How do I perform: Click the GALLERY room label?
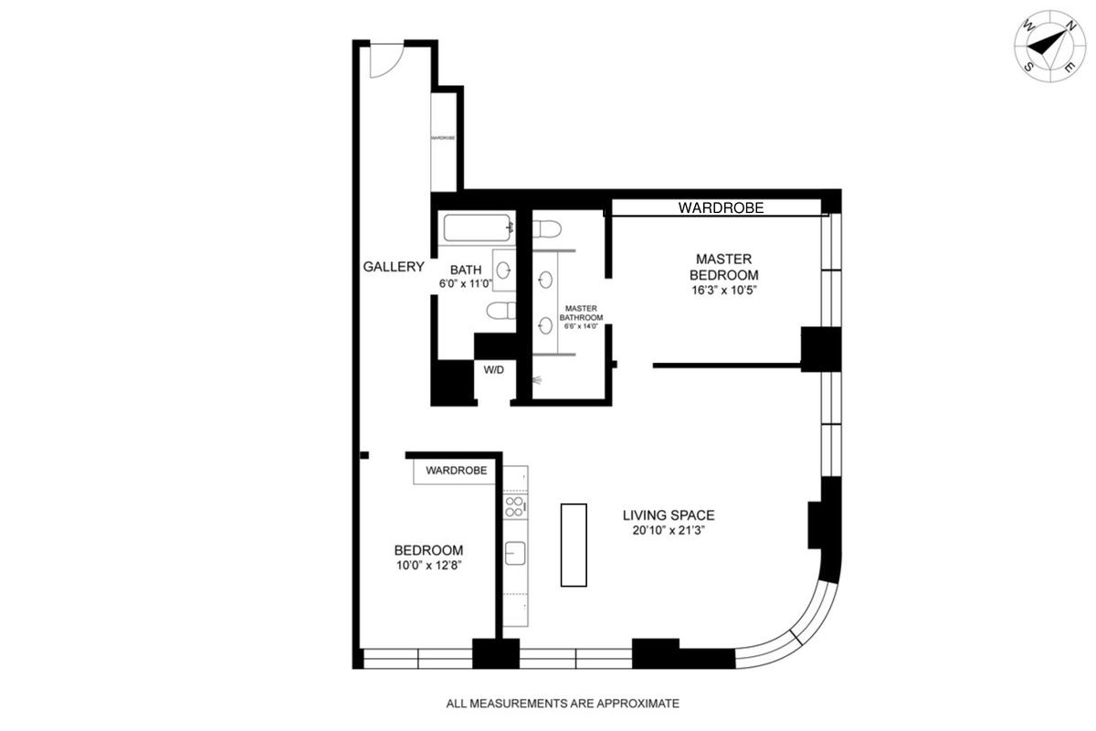tap(394, 267)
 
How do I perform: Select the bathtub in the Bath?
tap(477, 228)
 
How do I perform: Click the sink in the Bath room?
tap(503, 270)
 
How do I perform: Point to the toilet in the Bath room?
tap(501, 311)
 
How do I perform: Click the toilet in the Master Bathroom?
tap(546, 228)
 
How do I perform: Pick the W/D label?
tap(494, 370)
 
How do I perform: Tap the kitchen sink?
tap(515, 553)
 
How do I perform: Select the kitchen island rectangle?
tap(574, 545)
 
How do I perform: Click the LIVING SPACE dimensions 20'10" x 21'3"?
tap(669, 530)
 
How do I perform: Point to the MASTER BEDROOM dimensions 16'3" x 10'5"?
tap(724, 291)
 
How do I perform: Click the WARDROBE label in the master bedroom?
tap(721, 208)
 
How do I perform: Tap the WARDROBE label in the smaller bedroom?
tap(457, 471)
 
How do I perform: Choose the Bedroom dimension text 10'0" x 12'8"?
tap(429, 566)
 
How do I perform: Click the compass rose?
tap(1050, 47)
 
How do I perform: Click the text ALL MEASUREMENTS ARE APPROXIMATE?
tap(563, 704)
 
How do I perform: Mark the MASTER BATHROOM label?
tap(581, 313)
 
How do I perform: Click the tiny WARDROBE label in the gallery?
tap(443, 138)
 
